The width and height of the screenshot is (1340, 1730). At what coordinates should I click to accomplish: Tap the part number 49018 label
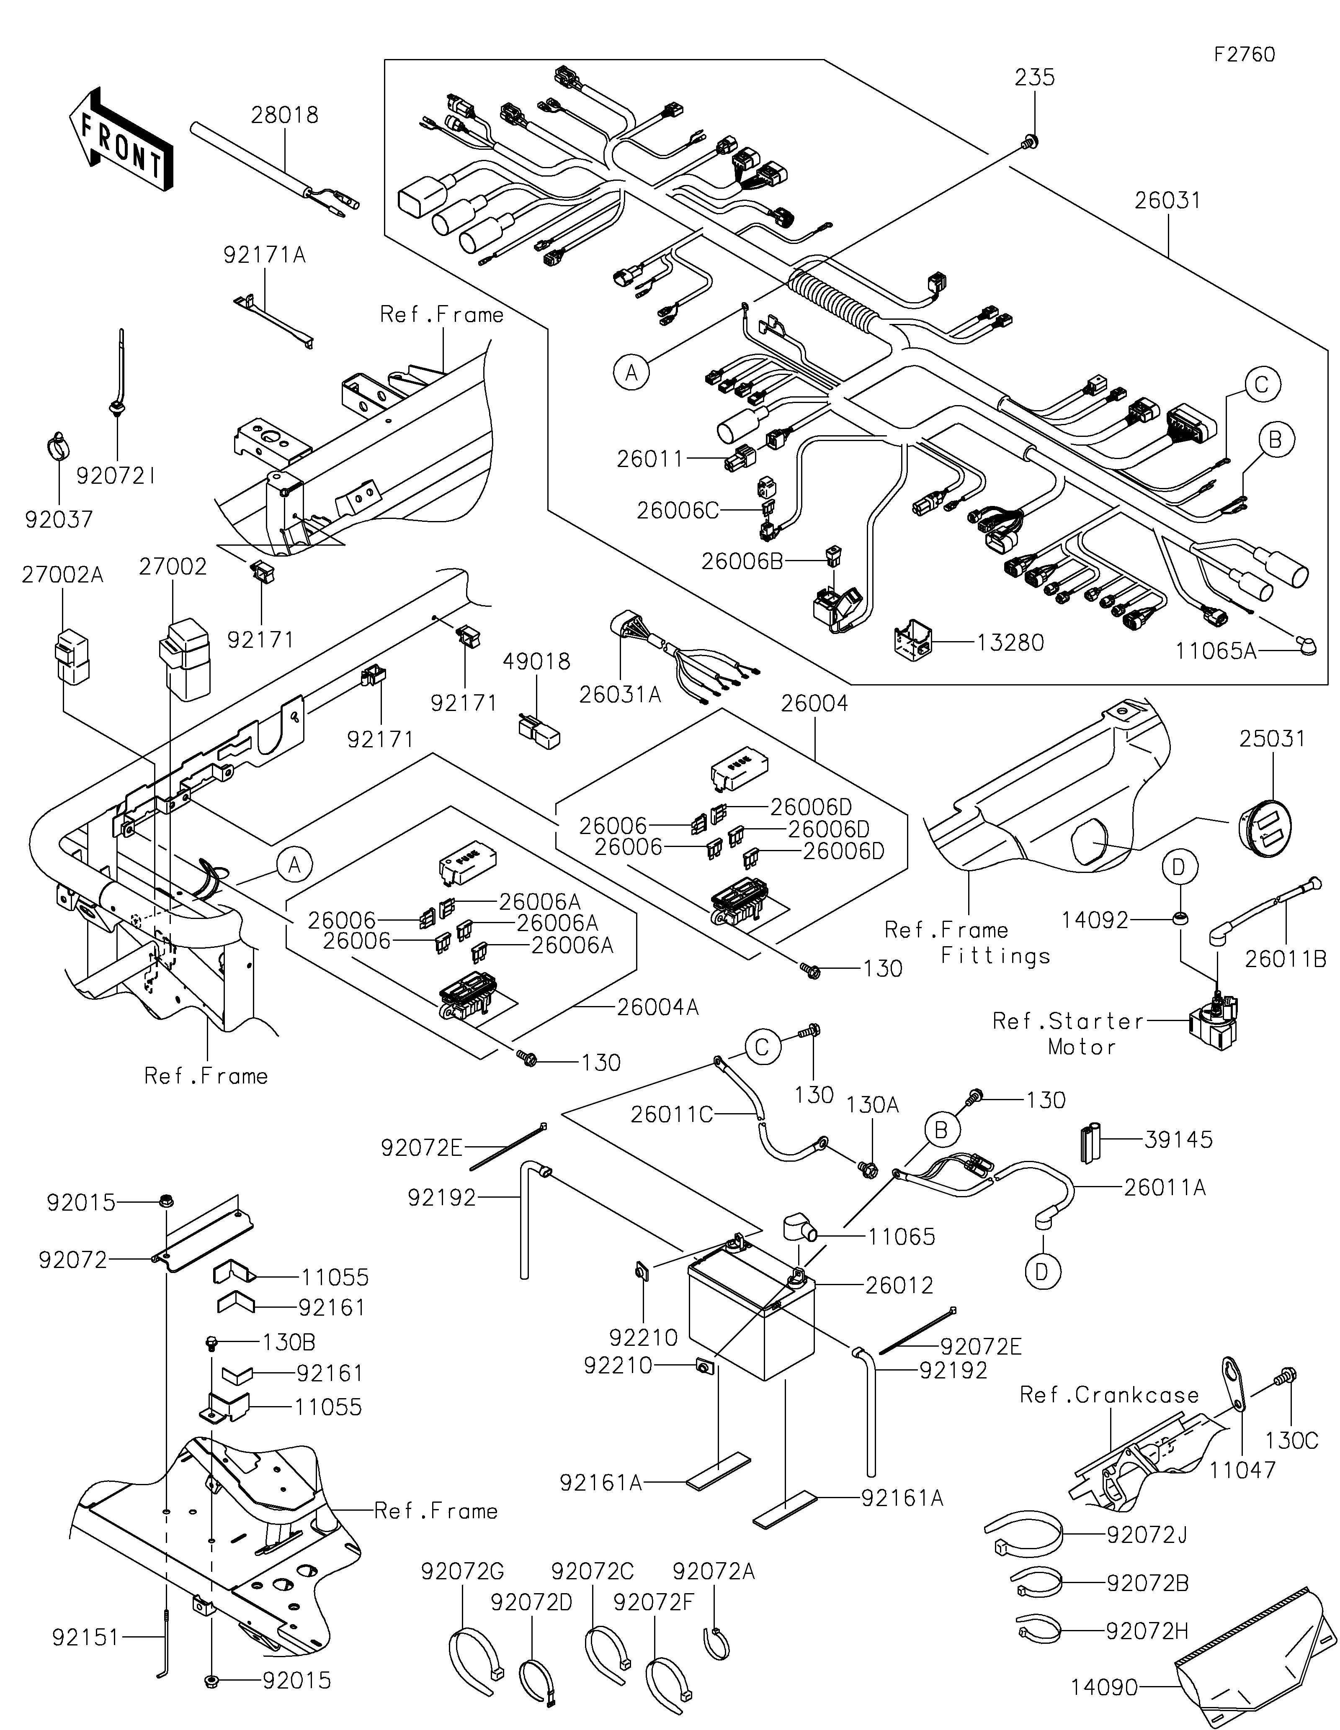coord(537,662)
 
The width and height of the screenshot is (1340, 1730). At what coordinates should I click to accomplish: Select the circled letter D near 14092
coord(1178,868)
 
